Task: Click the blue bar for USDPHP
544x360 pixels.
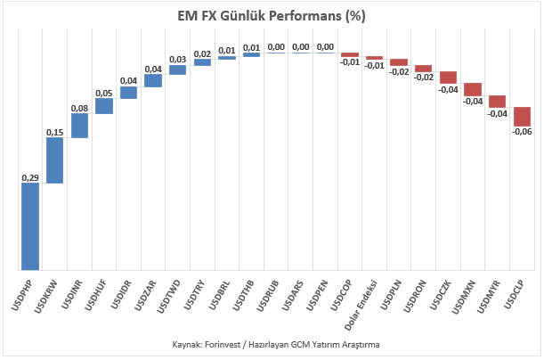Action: point(30,226)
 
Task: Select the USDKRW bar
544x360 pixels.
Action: point(55,160)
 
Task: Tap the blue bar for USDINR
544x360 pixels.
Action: point(79,126)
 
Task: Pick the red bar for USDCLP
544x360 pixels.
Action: point(522,117)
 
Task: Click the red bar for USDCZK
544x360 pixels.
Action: point(448,78)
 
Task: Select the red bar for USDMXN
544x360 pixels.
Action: point(473,90)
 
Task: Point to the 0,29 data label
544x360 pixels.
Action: point(30,177)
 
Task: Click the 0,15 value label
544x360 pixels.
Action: point(55,132)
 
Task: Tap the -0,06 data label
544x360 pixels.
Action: point(522,132)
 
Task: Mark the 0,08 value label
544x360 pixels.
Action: point(79,109)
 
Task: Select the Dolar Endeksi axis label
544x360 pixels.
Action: point(361,305)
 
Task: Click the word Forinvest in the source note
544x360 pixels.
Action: point(223,345)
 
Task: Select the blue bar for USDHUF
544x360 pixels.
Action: point(104,106)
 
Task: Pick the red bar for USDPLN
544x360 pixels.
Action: point(399,62)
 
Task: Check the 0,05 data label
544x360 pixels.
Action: point(104,93)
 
